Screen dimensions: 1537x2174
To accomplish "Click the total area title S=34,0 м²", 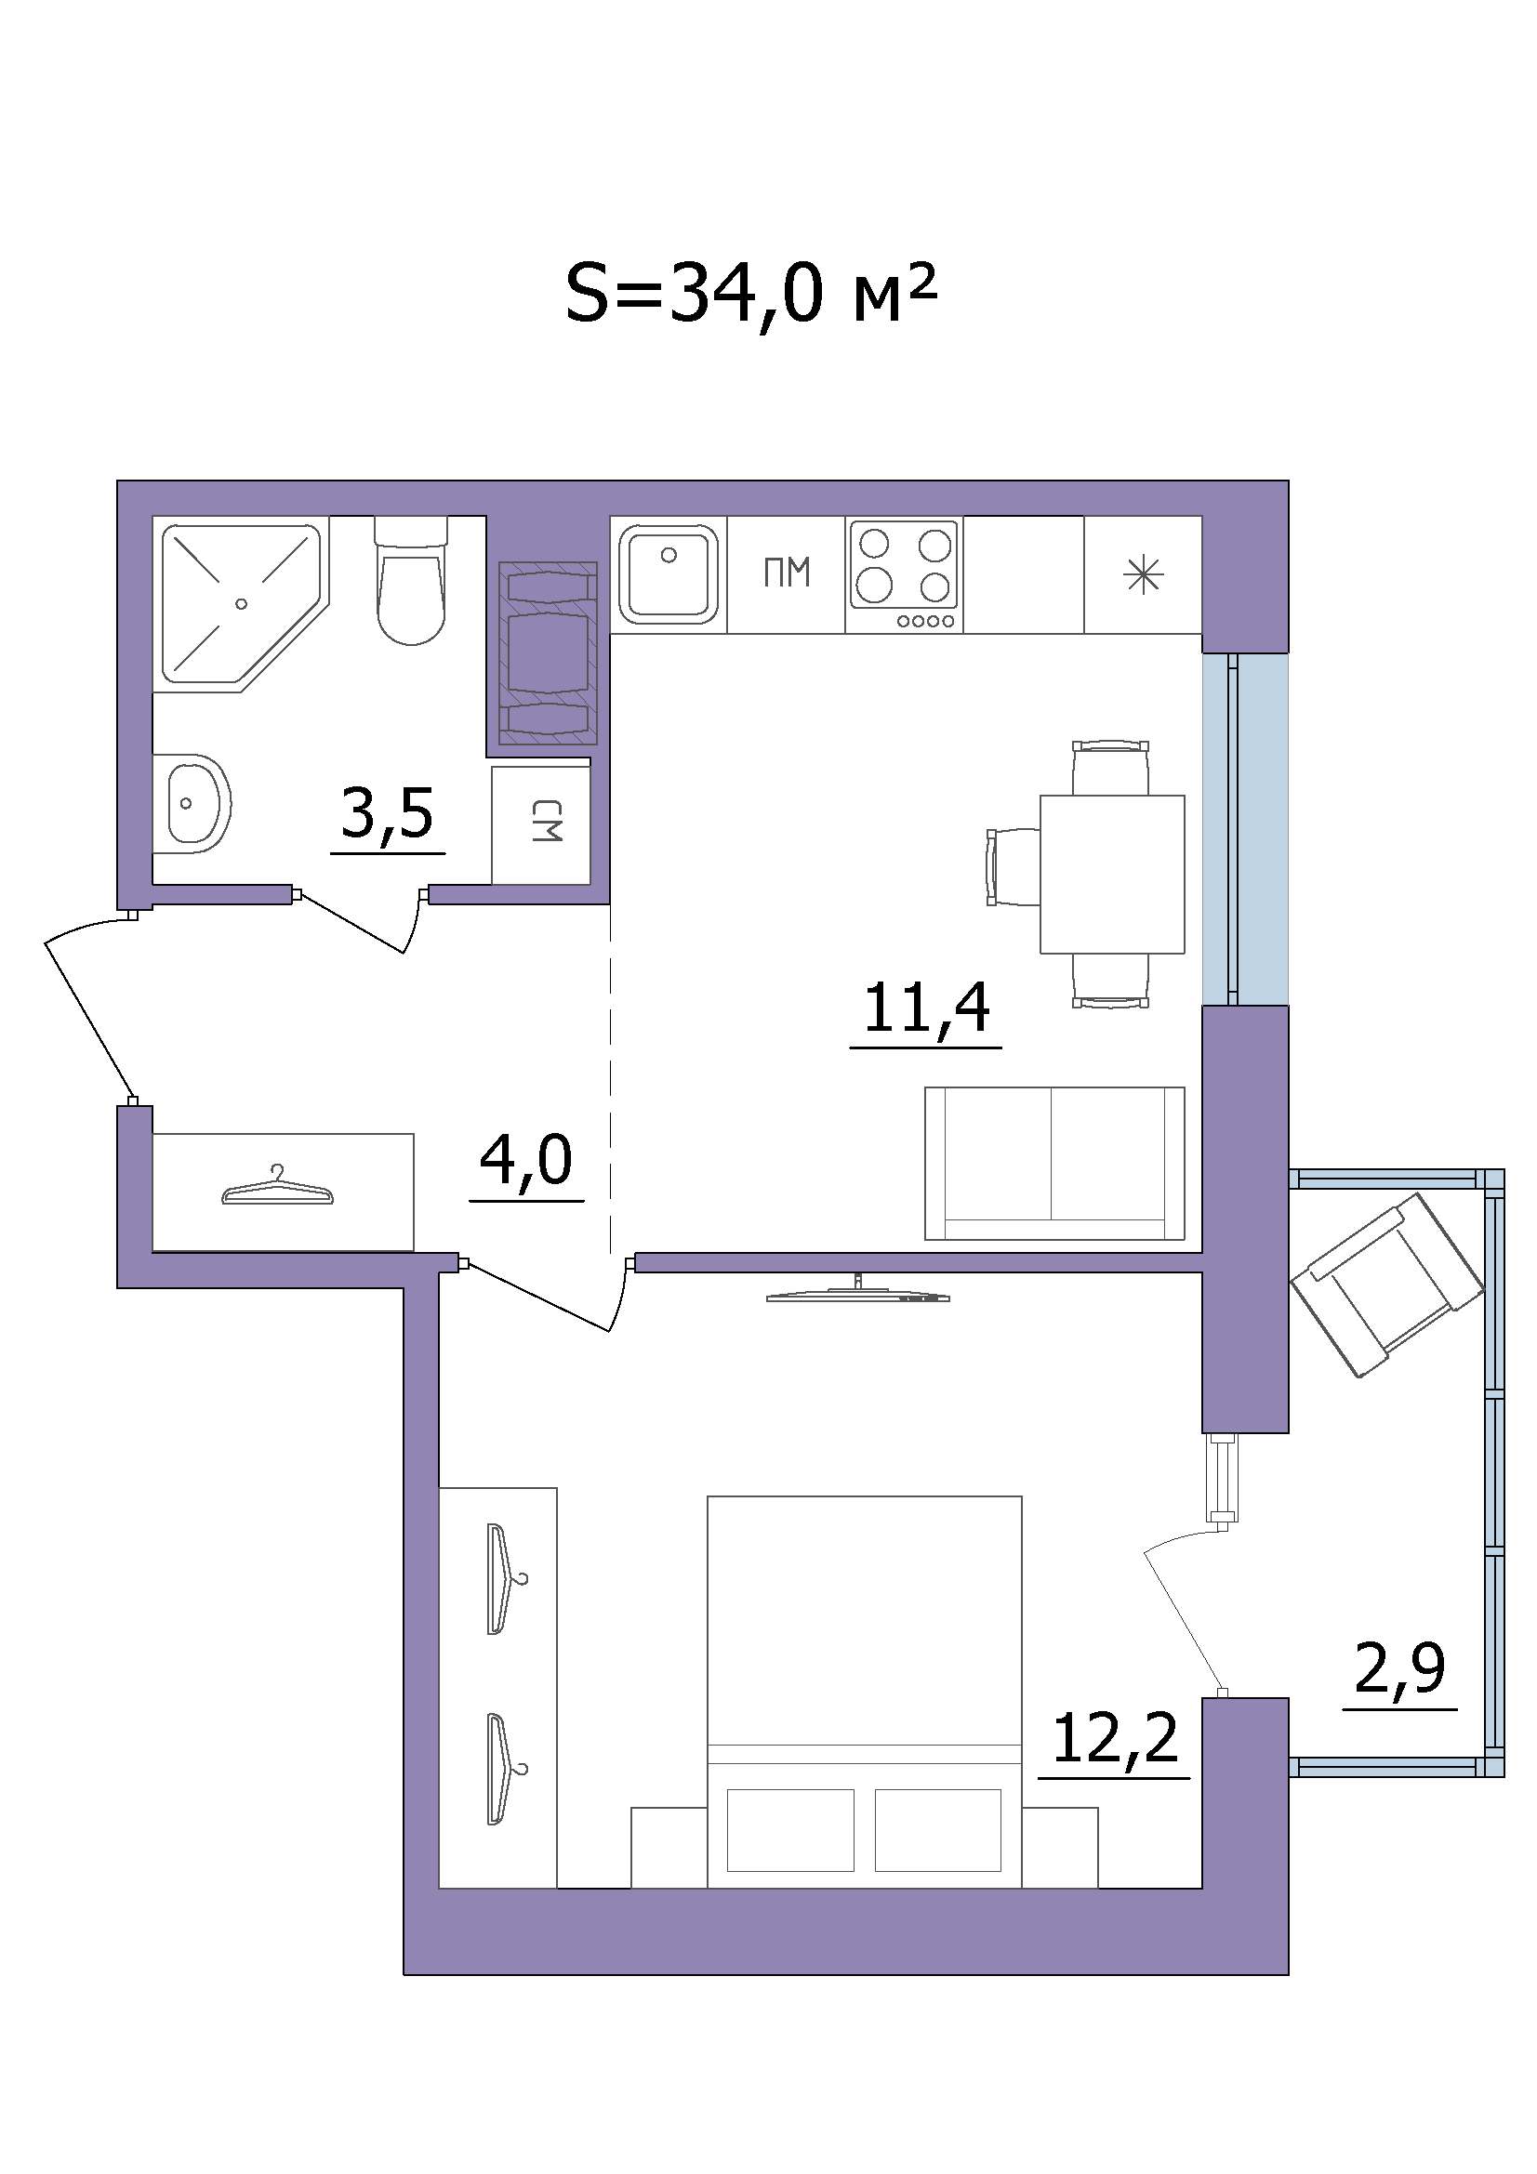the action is [x=750, y=294].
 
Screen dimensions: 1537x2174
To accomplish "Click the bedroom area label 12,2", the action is [x=1115, y=1738].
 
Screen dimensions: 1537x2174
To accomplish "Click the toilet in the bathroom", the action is [x=411, y=580].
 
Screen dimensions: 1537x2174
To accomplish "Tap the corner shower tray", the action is [x=241, y=604].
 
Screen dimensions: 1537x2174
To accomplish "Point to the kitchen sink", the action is [x=669, y=573].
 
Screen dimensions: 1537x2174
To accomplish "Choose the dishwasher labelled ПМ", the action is [x=787, y=573].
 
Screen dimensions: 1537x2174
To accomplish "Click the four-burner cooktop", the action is [x=905, y=574].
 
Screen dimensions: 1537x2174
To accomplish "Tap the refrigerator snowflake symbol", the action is [x=1143, y=574].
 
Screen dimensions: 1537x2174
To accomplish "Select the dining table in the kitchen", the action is [x=1112, y=874].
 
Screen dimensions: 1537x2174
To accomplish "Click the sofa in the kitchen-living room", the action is [x=1055, y=1164].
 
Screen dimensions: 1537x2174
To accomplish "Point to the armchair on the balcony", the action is [x=1386, y=1285].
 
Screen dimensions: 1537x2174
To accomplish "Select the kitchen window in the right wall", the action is [x=1245, y=829].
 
